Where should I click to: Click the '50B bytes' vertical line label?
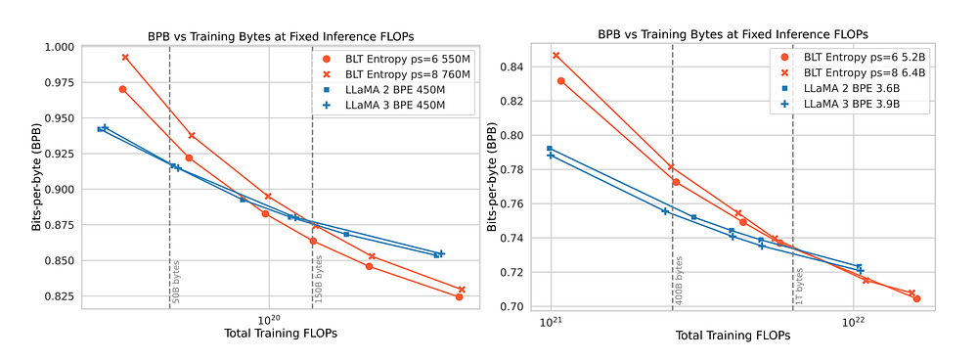pos(176,281)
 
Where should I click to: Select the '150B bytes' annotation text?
pos(319,279)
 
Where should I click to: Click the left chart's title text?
pos(280,35)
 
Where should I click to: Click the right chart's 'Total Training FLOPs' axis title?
pos(733,335)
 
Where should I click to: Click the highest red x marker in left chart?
pos(125,58)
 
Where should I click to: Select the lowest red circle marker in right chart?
pos(916,298)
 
